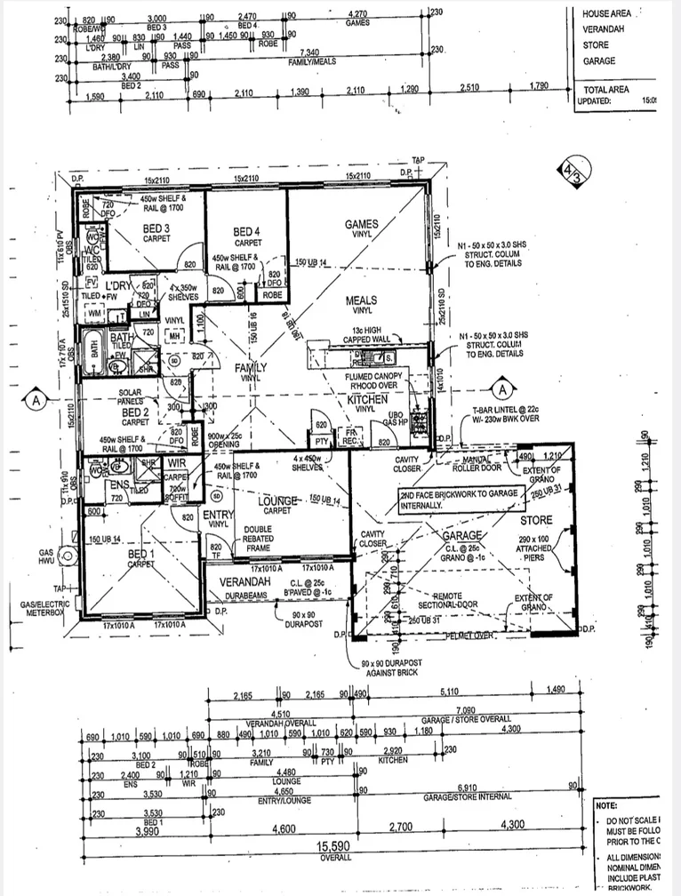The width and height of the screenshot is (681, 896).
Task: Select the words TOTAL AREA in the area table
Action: click(606, 90)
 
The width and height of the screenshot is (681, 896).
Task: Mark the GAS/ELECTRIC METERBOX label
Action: click(36, 608)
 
